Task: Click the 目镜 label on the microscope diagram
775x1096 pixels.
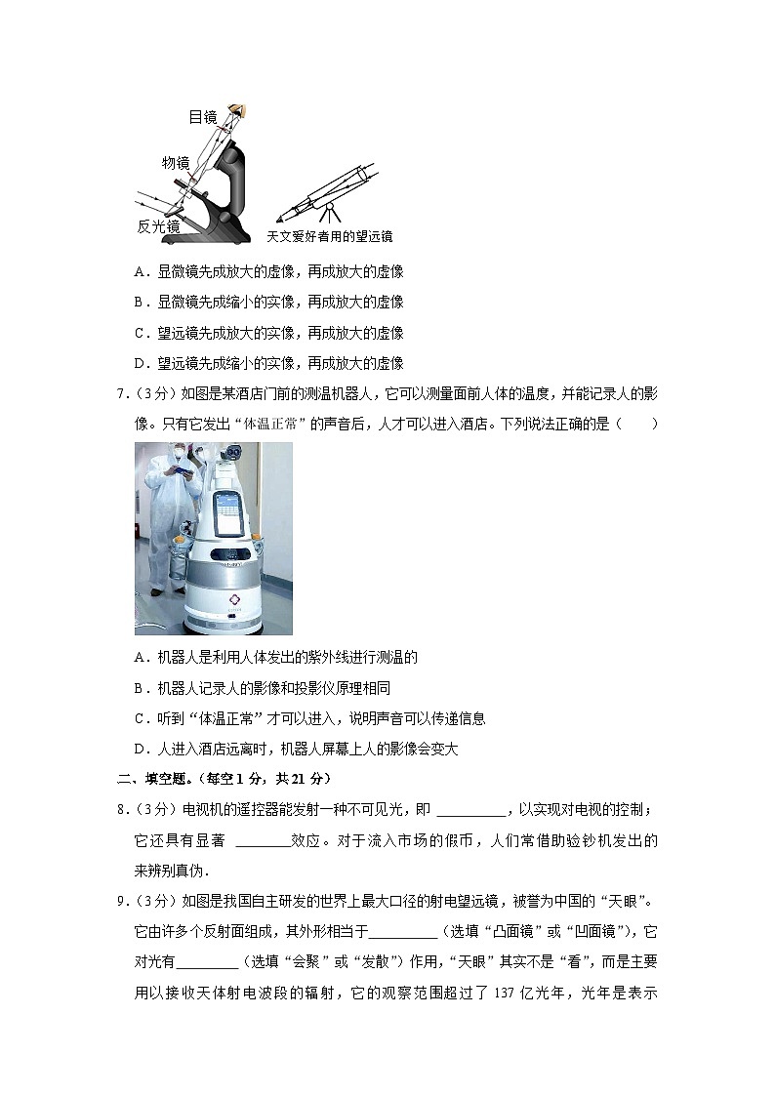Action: (x=202, y=117)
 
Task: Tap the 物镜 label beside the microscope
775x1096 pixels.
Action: (x=176, y=162)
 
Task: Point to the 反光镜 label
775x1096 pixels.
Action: (x=157, y=225)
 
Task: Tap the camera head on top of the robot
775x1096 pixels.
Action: (x=231, y=451)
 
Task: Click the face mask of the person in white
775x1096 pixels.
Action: (x=179, y=453)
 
